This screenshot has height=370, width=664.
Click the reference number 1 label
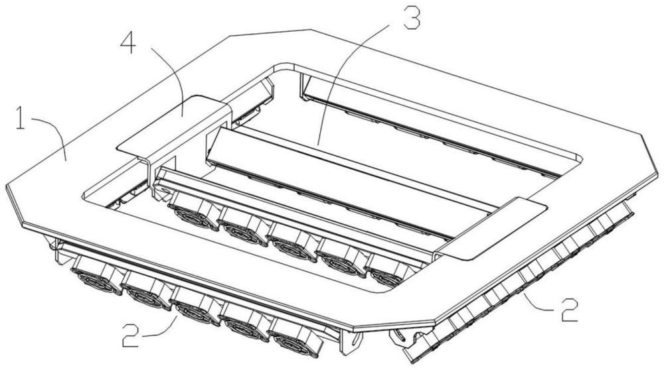[x=20, y=118]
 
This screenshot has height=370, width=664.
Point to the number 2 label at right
[x=570, y=309]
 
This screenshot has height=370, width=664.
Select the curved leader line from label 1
[x=51, y=135]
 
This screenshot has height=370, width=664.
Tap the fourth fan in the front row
[x=246, y=322]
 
